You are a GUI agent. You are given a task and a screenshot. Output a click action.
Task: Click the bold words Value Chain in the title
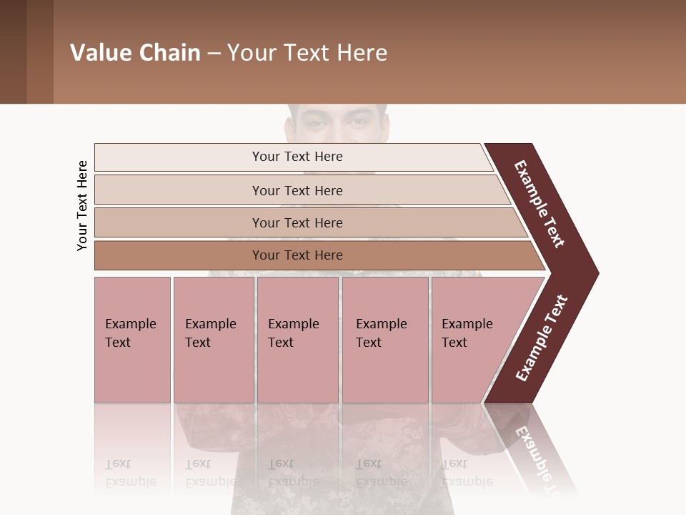[x=135, y=53]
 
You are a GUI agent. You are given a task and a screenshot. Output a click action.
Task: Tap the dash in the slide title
[x=214, y=54]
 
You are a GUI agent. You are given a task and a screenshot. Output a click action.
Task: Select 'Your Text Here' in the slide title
[x=307, y=53]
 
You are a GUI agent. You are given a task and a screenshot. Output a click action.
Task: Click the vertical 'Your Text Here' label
[x=83, y=206]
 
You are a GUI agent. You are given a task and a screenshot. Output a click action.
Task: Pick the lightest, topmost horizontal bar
[x=293, y=157]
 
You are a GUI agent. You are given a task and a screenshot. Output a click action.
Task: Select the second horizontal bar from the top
[x=297, y=190]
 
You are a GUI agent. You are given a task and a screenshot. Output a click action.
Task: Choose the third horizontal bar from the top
[x=300, y=222]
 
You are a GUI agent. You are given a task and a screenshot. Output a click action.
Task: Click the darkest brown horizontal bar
[x=307, y=255]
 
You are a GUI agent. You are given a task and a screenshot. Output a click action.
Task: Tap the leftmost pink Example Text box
[x=132, y=340]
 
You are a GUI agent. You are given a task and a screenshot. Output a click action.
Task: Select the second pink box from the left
[x=213, y=340]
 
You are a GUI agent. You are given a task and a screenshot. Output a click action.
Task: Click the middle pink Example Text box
[x=297, y=340]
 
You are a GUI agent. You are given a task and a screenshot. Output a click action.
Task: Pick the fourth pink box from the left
[x=385, y=340]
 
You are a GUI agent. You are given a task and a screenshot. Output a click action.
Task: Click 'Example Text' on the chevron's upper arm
[x=540, y=204]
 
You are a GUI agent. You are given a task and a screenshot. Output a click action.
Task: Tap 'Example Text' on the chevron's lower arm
[x=542, y=338]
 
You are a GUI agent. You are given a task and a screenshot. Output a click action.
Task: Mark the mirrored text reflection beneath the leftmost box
[x=130, y=473]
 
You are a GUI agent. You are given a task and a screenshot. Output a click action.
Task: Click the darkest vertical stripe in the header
[x=13, y=51]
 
